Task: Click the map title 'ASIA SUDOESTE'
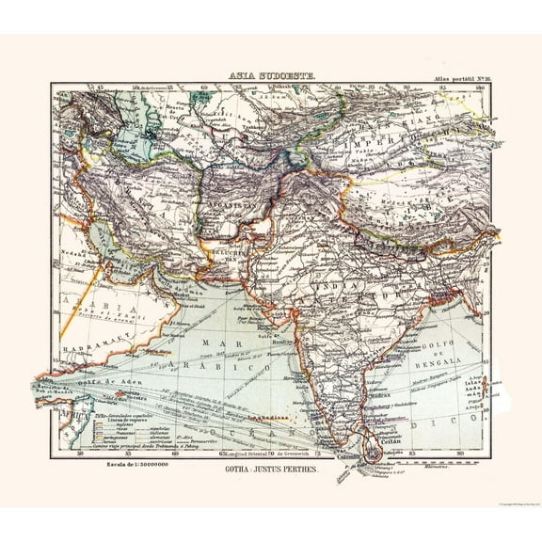pyautogui.click(x=270, y=79)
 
